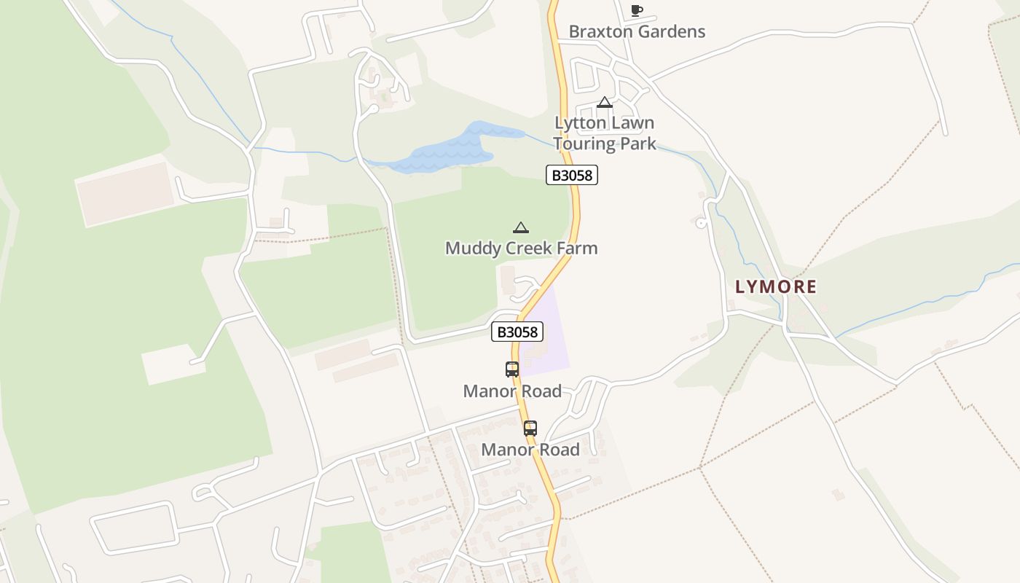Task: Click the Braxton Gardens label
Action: (637, 31)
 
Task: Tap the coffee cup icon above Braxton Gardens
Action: (636, 10)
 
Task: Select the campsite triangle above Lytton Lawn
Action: (604, 103)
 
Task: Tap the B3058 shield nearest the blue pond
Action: (572, 175)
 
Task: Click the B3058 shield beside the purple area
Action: (517, 332)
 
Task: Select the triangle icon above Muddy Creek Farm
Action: (520, 228)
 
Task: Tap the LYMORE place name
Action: (775, 287)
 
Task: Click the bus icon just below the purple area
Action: (512, 369)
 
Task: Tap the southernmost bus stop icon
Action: (530, 429)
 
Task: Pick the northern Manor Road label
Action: (512, 391)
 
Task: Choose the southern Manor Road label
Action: (530, 450)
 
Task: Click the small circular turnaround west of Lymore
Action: (701, 224)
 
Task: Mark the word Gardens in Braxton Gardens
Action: (671, 31)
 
